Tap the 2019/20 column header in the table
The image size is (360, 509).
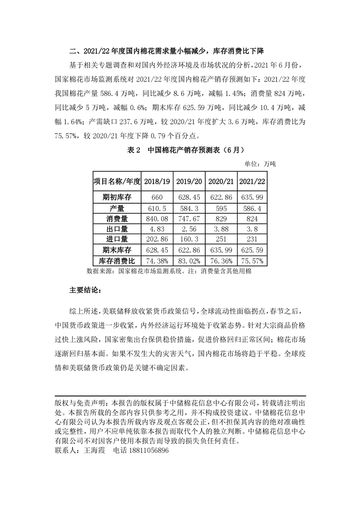(x=189, y=181)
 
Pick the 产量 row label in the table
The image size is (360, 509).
(x=117, y=208)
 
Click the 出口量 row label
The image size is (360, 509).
(x=117, y=229)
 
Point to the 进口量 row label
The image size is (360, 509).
(x=117, y=239)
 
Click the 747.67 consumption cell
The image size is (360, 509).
(x=189, y=219)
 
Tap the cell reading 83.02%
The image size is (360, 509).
(x=189, y=261)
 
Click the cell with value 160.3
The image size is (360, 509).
(x=189, y=239)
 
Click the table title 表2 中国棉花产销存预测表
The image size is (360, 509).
(x=180, y=151)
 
